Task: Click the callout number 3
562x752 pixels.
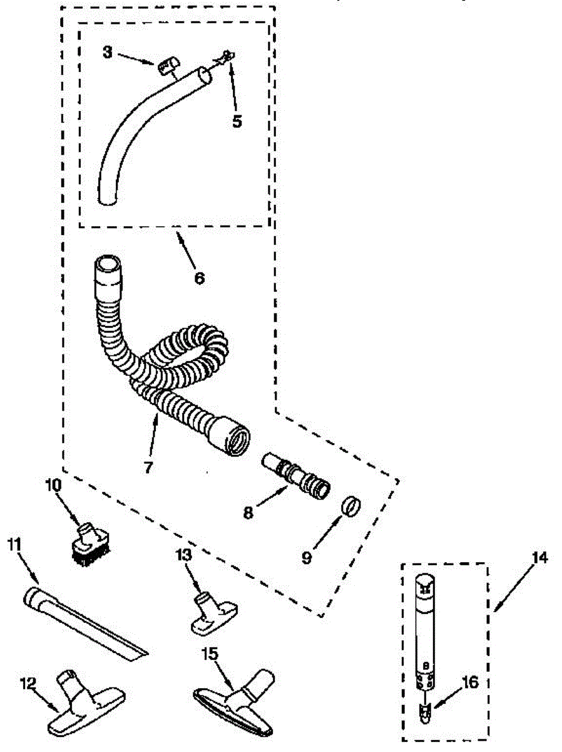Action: pos(108,53)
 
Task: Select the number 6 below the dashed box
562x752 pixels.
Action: pos(199,278)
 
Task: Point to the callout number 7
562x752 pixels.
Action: pos(148,467)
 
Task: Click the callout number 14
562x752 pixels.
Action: pos(539,557)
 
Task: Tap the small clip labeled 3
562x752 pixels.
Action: pos(167,64)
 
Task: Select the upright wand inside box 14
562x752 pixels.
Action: pos(425,633)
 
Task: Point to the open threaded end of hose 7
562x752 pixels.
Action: pos(237,437)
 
